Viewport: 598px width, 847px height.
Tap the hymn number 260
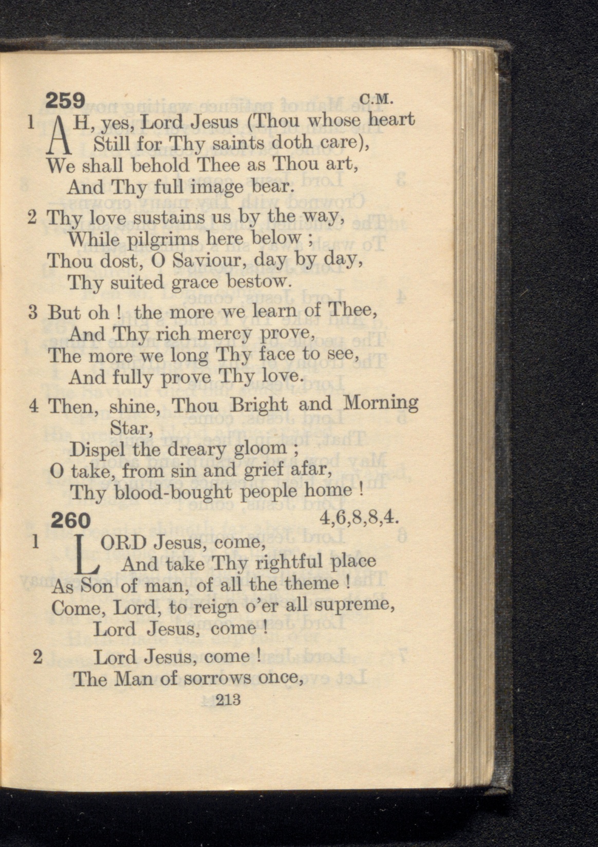[x=70, y=520]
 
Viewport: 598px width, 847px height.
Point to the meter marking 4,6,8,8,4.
[x=359, y=516]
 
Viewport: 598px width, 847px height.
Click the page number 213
[x=229, y=700]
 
